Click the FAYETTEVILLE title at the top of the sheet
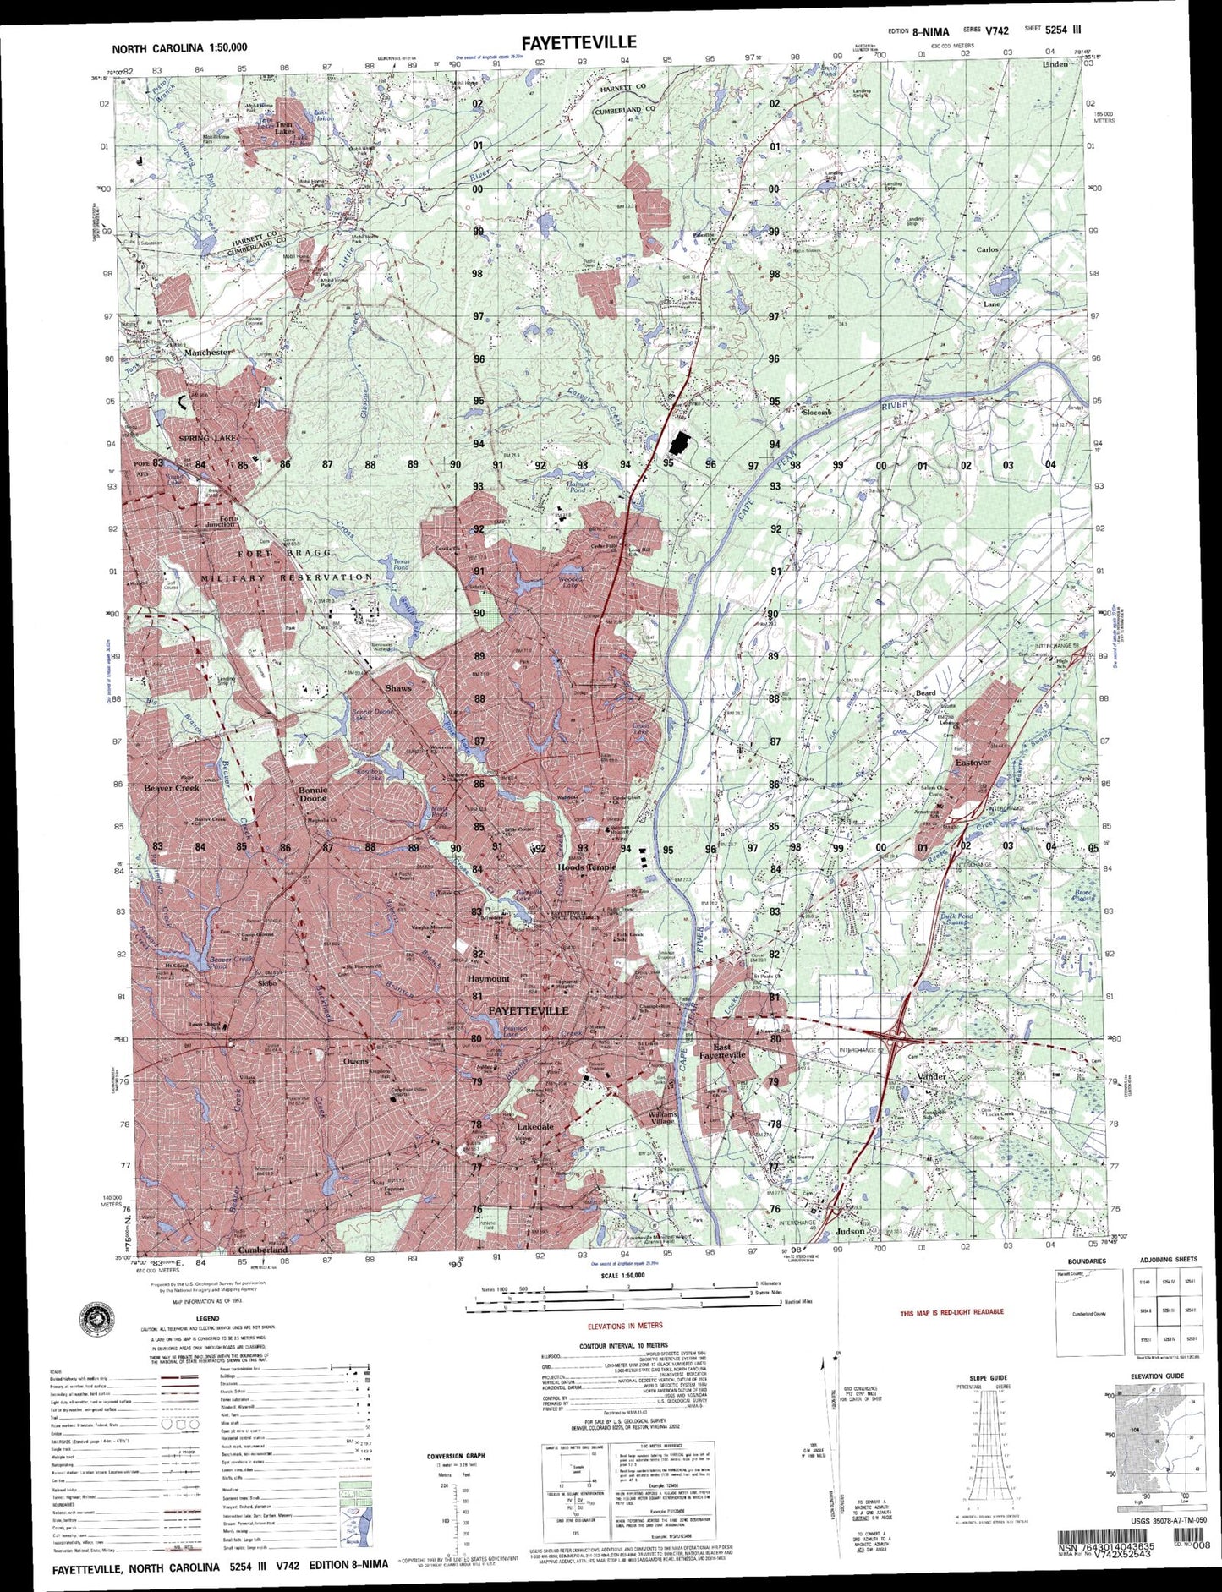click(578, 42)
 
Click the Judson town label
click(850, 1231)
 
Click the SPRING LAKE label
click(208, 438)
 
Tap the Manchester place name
click(207, 352)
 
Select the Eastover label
click(973, 762)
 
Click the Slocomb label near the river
click(816, 412)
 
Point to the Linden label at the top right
click(1055, 64)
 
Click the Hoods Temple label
click(587, 867)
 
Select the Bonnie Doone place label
click(313, 794)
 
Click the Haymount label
click(489, 978)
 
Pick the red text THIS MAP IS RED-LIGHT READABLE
click(951, 1311)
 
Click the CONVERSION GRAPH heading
click(456, 1456)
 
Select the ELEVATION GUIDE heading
click(1162, 1376)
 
